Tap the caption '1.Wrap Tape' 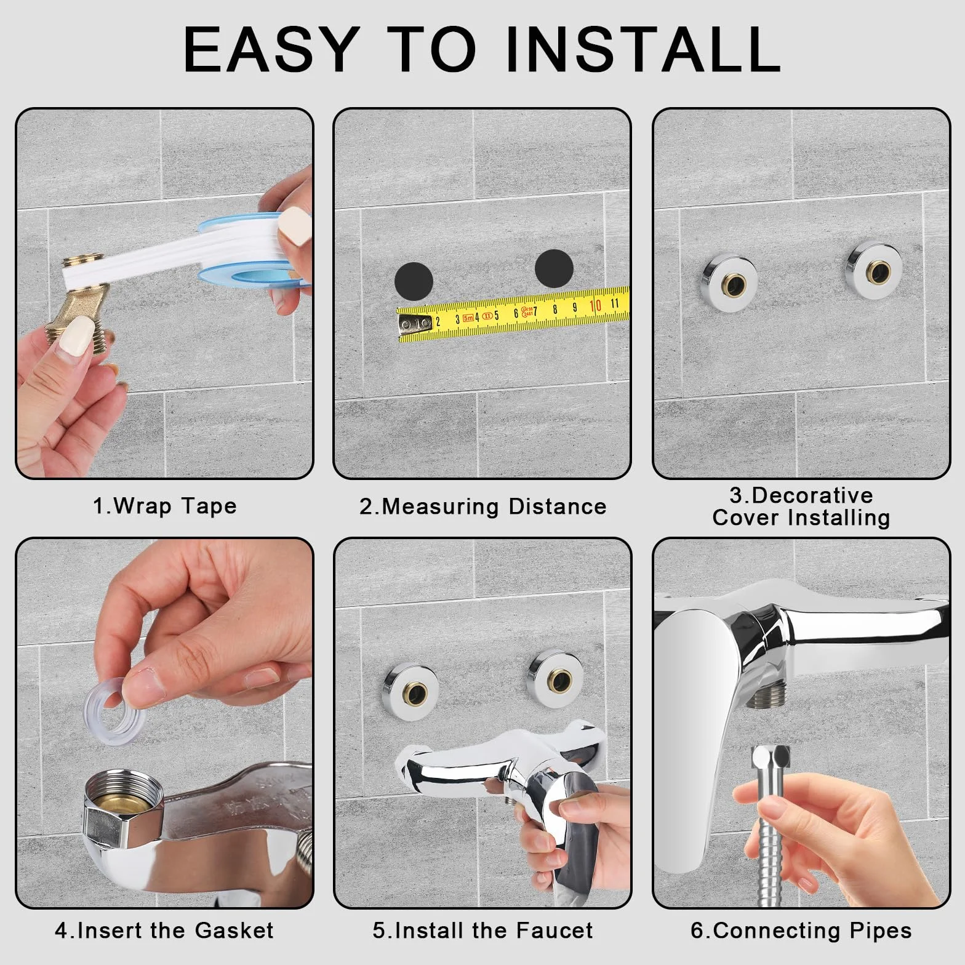click(x=165, y=506)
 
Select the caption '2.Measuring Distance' click(x=483, y=507)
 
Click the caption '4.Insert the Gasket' click(x=164, y=930)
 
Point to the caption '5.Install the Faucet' click(x=483, y=930)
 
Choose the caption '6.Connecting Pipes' click(x=801, y=930)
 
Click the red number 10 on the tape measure click(x=595, y=306)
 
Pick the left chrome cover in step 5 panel click(x=405, y=690)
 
